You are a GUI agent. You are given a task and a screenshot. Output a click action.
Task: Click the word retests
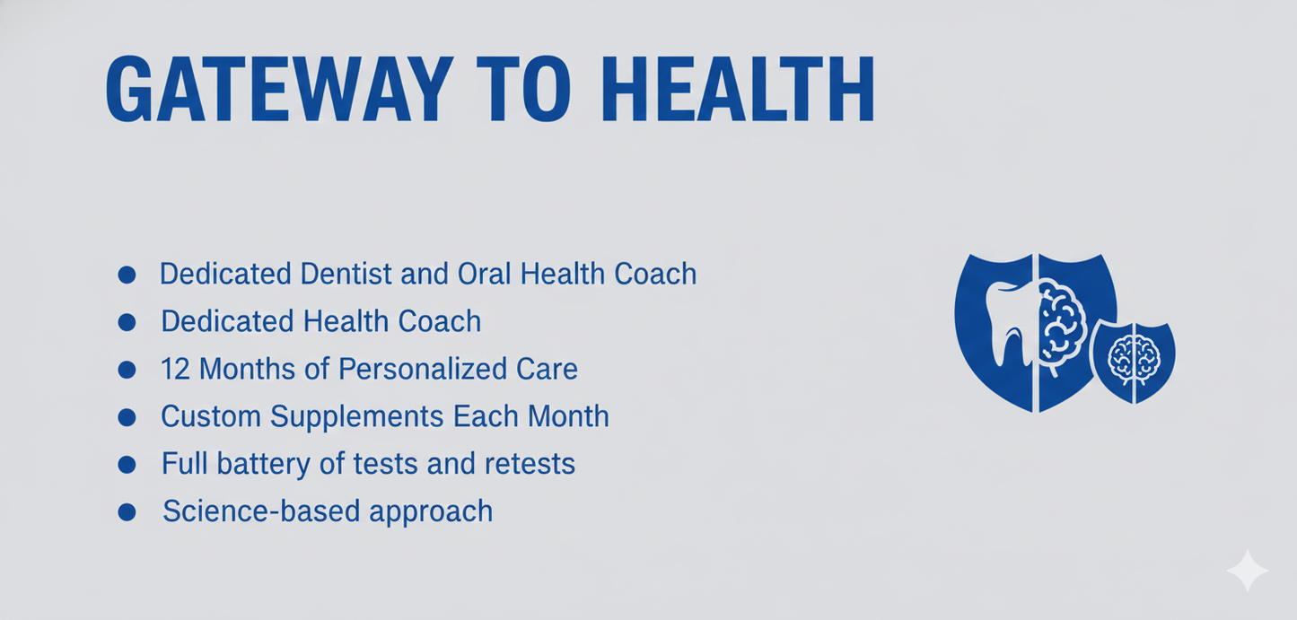(x=528, y=464)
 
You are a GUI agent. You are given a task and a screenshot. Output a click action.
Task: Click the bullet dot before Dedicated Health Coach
(x=127, y=321)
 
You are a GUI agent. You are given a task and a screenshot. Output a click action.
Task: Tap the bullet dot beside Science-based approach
(x=127, y=511)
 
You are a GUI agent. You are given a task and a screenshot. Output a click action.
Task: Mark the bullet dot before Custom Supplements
(x=127, y=416)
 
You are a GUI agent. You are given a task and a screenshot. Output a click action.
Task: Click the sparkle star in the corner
(x=1248, y=571)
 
